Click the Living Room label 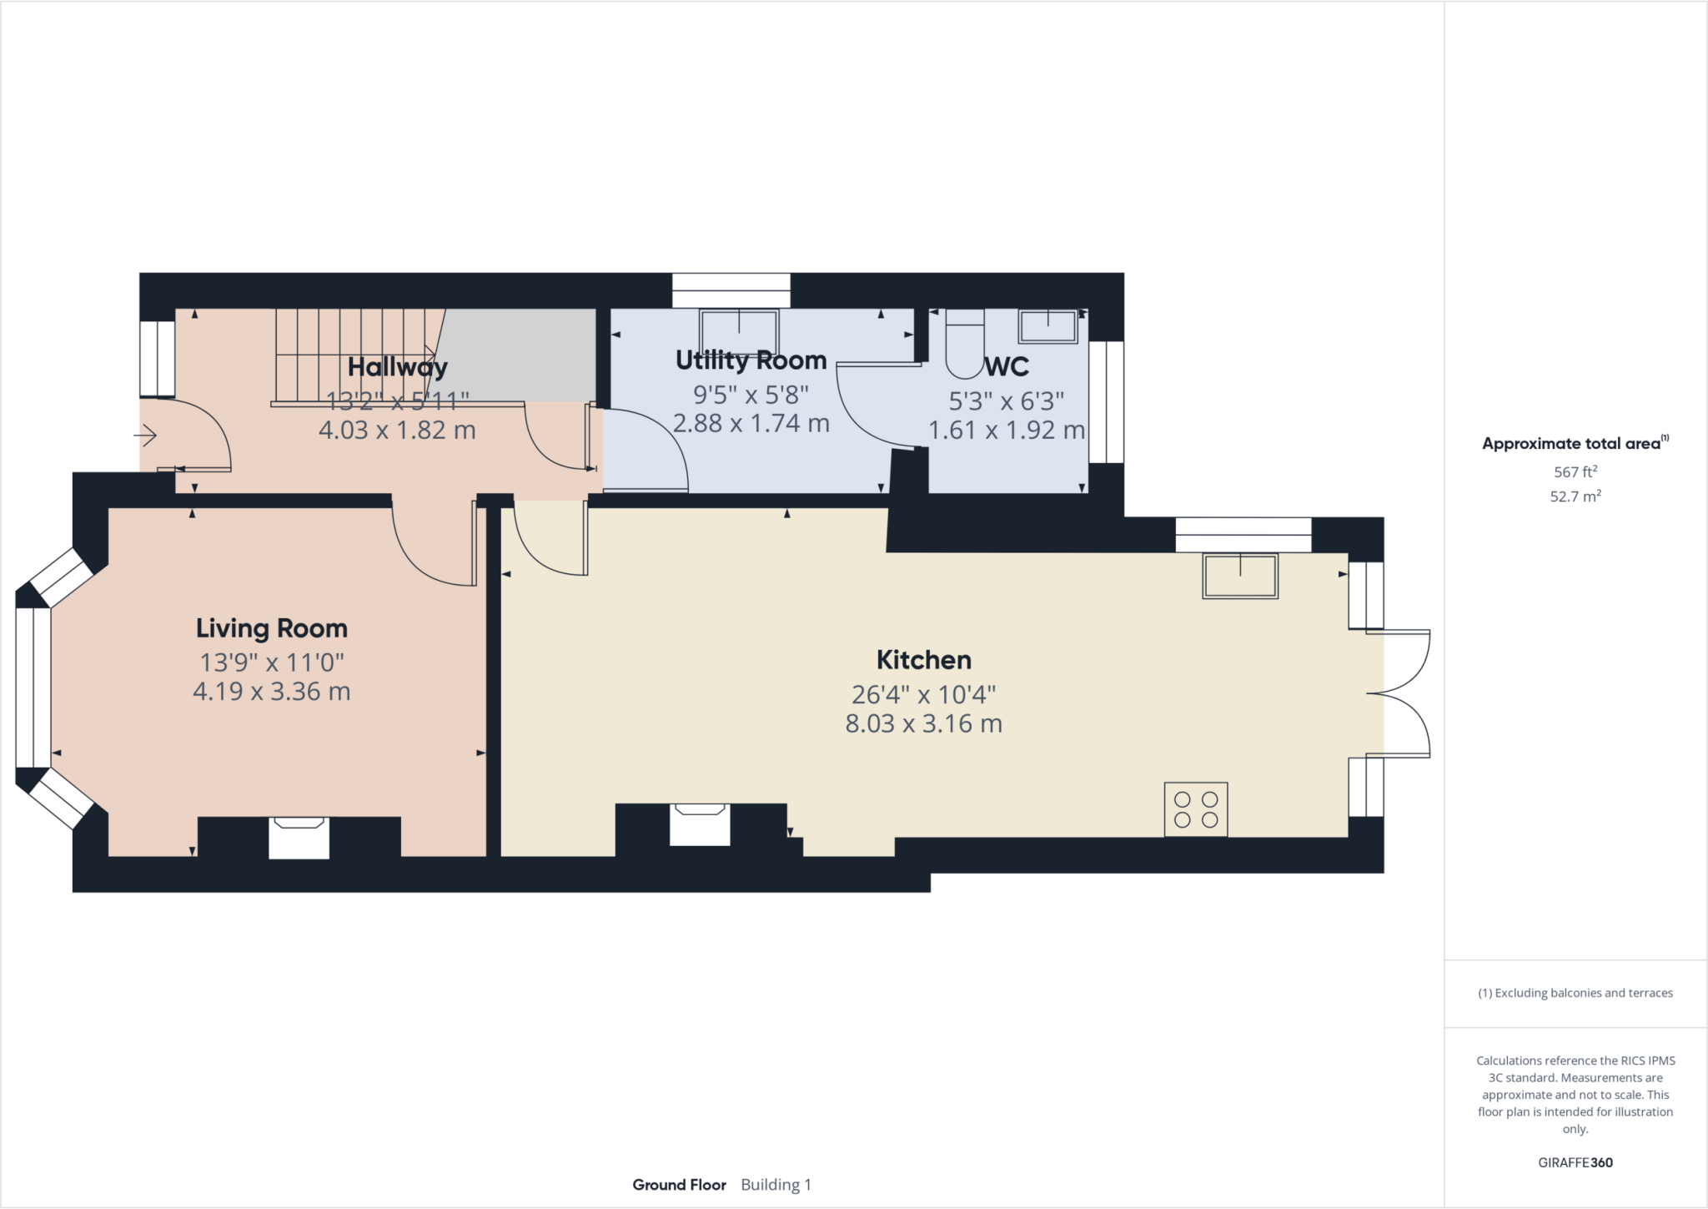[271, 628]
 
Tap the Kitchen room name [923, 660]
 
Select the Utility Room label [751, 360]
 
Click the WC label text [1007, 367]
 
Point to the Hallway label [397, 367]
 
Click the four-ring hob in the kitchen [1196, 809]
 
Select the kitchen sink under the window [1239, 576]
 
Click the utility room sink [738, 330]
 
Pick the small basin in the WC [1047, 325]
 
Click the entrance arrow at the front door [145, 436]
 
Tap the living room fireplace [299, 837]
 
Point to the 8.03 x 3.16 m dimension [923, 723]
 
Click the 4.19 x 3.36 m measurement [271, 692]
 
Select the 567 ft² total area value [1575, 471]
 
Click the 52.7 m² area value [1575, 496]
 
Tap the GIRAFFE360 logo [1575, 1162]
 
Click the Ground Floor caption [679, 1185]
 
